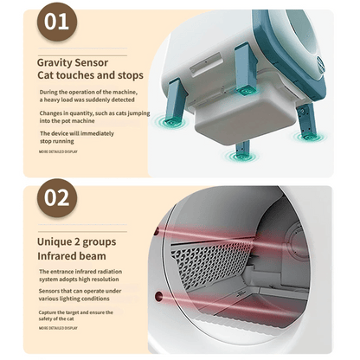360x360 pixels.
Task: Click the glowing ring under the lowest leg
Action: point(242,157)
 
